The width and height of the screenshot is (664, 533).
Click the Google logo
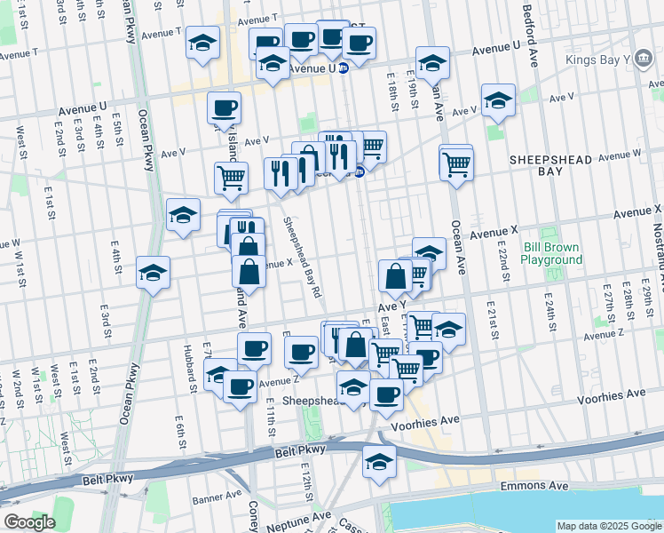pyautogui.click(x=29, y=522)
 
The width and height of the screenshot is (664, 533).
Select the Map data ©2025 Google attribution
pyautogui.click(x=608, y=526)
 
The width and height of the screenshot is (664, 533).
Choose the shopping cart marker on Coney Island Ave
pyautogui.click(x=231, y=176)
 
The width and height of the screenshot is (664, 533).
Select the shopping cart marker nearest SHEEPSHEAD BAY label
pyautogui.click(x=455, y=163)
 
